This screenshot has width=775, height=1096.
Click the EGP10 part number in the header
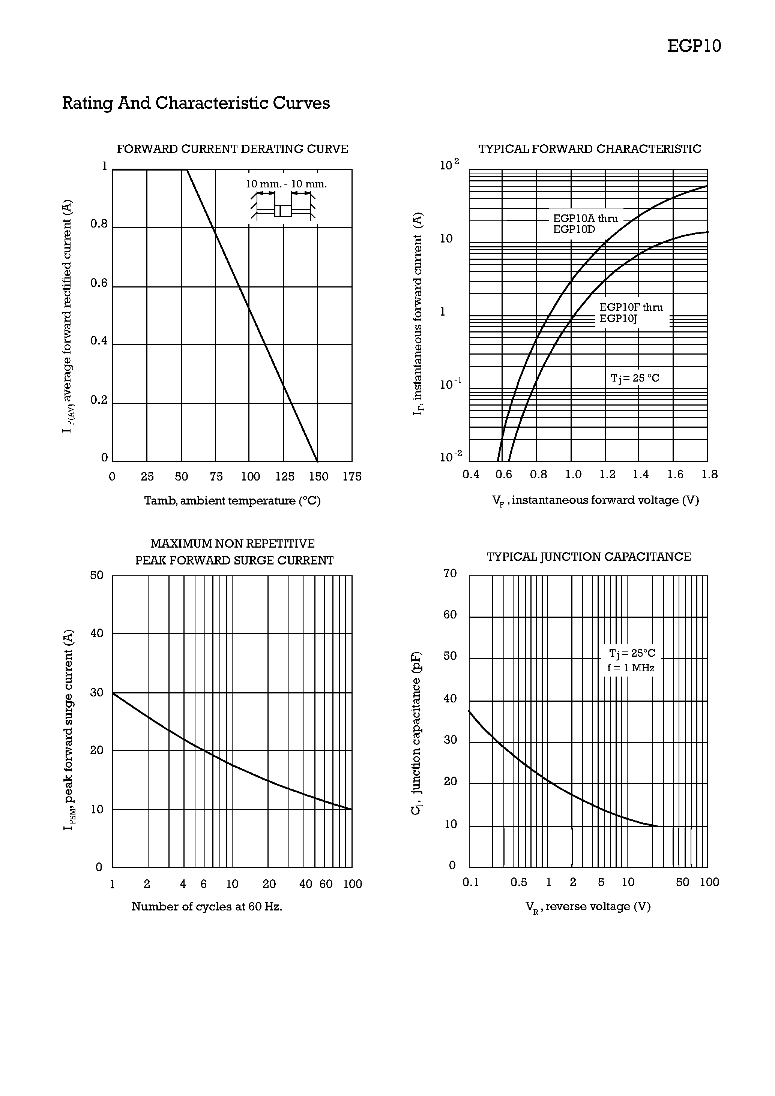(694, 46)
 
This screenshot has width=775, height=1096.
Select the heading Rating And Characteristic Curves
(196, 103)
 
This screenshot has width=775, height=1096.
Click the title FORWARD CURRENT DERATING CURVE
(232, 149)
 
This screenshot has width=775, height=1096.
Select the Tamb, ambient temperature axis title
(232, 501)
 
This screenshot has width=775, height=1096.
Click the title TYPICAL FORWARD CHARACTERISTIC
(590, 149)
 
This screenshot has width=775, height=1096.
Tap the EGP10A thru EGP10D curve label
(585, 224)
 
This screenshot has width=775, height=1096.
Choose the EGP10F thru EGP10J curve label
(631, 313)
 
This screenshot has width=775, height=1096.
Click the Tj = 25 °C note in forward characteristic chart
(635, 378)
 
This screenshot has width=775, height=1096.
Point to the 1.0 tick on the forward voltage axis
(573, 475)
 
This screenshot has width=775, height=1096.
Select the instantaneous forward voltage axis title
(595, 500)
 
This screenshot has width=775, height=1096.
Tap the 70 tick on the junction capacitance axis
(450, 573)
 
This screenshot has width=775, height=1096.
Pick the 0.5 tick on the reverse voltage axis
(518, 882)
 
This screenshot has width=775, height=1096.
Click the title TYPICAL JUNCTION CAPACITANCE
(589, 557)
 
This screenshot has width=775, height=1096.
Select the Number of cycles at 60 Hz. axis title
(207, 906)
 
